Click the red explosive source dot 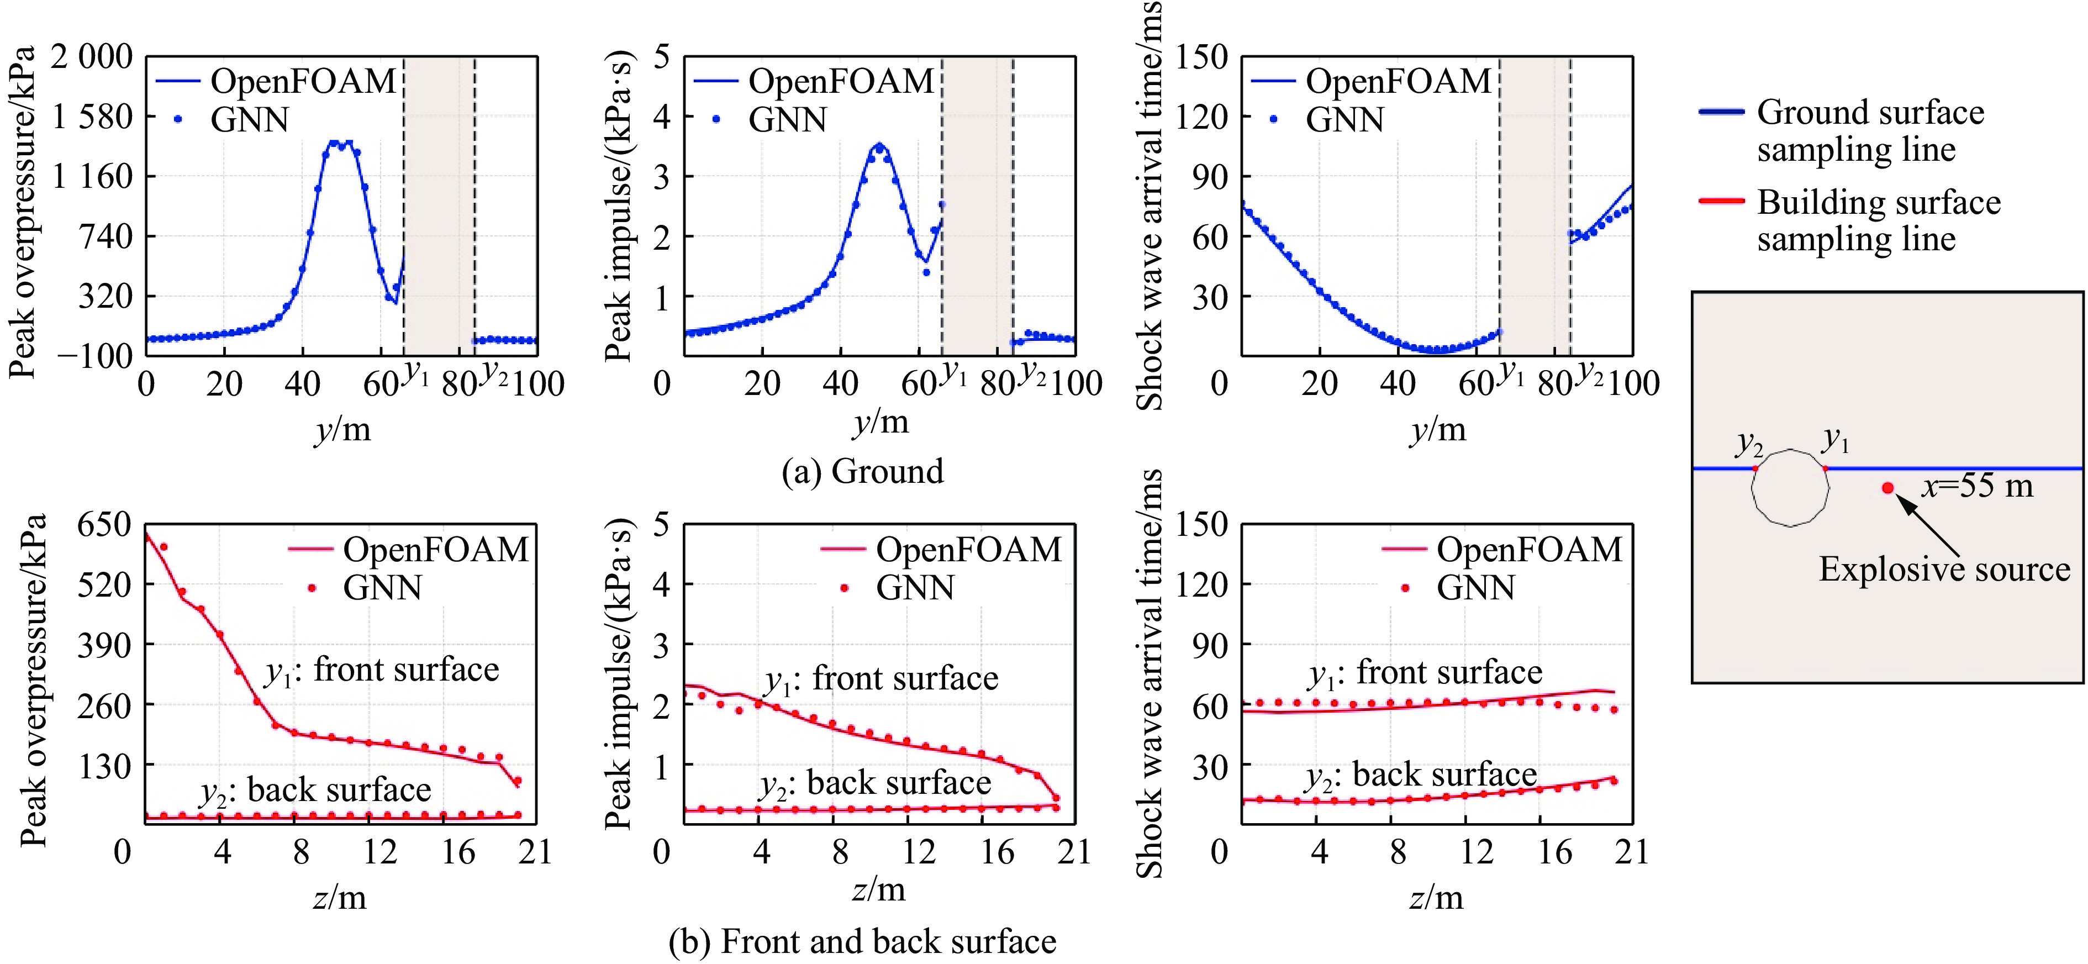point(1888,488)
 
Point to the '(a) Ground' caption point(862,471)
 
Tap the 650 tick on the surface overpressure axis point(104,525)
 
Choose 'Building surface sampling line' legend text point(1879,220)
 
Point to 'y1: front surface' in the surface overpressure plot point(382,671)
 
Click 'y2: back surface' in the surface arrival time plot point(1421,776)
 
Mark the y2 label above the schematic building point(1749,444)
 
